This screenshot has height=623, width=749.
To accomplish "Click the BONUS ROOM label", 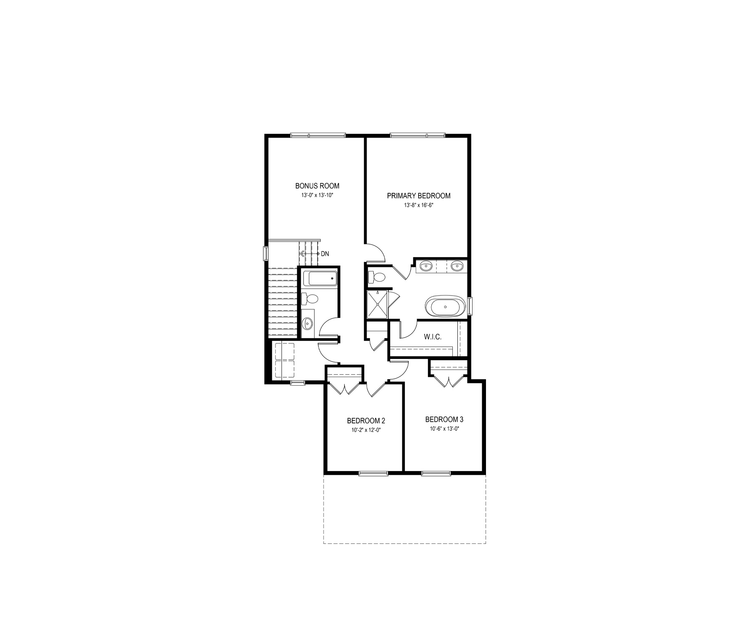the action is [x=317, y=186].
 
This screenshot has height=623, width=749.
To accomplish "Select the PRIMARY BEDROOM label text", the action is [x=419, y=196].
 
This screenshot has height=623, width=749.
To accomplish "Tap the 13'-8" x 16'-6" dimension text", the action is [x=419, y=206].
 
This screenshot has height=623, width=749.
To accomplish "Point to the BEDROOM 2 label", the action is [x=366, y=421].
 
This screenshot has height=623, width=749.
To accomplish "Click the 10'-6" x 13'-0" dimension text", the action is [x=444, y=429].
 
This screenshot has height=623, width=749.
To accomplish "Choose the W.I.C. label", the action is [x=433, y=337].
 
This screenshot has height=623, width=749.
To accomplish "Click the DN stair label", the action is [x=325, y=254].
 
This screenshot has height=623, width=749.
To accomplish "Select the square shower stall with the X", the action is [x=378, y=304].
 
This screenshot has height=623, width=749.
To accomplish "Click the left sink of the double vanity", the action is [x=426, y=266].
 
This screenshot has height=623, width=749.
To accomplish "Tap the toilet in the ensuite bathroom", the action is [x=376, y=277].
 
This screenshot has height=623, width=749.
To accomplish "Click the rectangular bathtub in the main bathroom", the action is [x=320, y=279].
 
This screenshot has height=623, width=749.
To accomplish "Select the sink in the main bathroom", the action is [x=308, y=324].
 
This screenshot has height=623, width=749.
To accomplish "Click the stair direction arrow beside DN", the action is [x=309, y=254].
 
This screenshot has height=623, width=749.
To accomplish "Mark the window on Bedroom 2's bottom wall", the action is [x=374, y=473].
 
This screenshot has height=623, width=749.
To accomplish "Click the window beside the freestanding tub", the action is [x=470, y=306].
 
